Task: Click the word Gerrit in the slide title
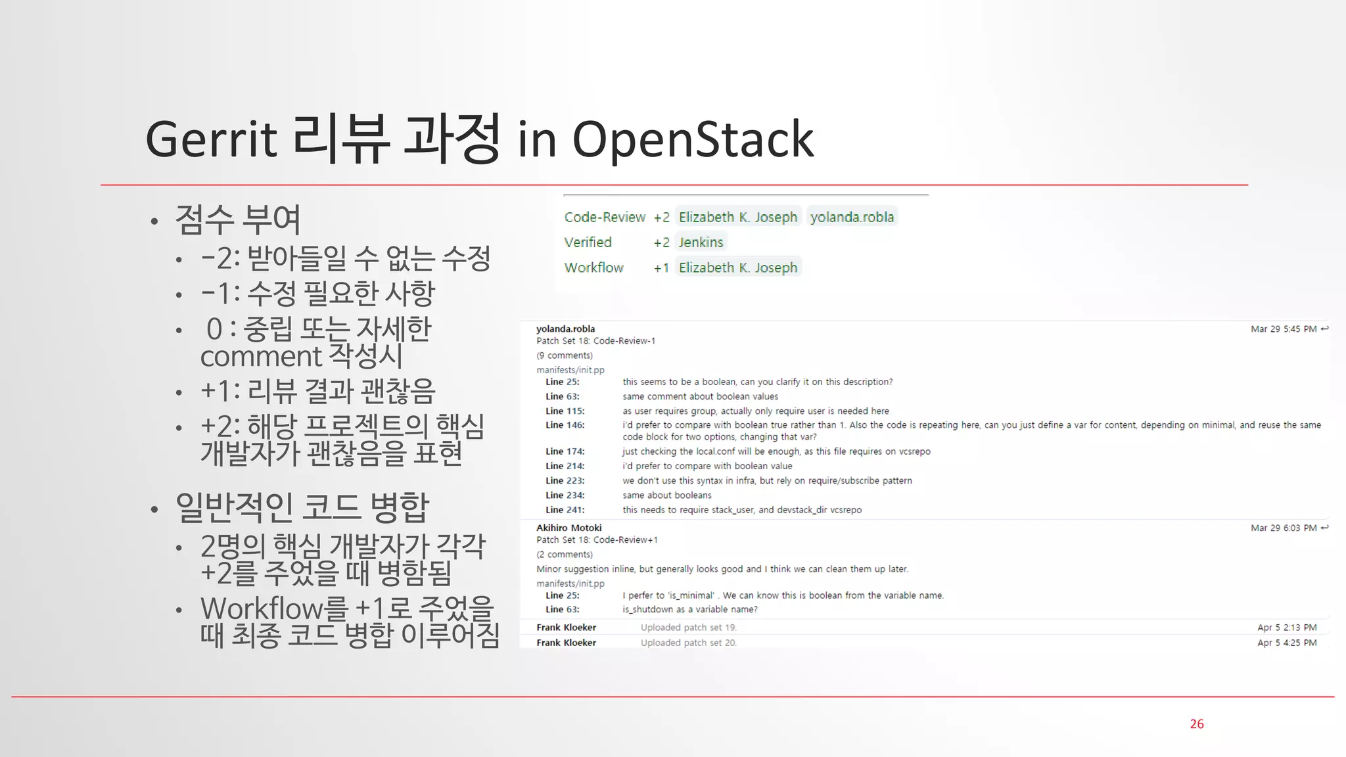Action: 211,139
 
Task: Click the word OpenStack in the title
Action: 693,139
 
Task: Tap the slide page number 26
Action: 1196,723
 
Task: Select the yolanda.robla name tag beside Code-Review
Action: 852,217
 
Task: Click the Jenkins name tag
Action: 701,242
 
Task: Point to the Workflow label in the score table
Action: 593,267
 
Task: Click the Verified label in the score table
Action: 588,242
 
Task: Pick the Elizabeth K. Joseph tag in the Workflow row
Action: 737,267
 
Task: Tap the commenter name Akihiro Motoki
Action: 569,528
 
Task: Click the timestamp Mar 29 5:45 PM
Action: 1283,329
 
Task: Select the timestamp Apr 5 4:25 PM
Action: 1286,643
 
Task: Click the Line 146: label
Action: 565,425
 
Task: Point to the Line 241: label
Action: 565,510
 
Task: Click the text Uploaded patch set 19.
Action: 688,628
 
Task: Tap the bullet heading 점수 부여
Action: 238,219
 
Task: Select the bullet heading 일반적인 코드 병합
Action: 302,507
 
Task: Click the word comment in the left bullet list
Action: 261,357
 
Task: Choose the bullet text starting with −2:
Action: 346,258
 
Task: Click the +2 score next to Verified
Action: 661,242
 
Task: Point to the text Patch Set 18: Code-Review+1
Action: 597,539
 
